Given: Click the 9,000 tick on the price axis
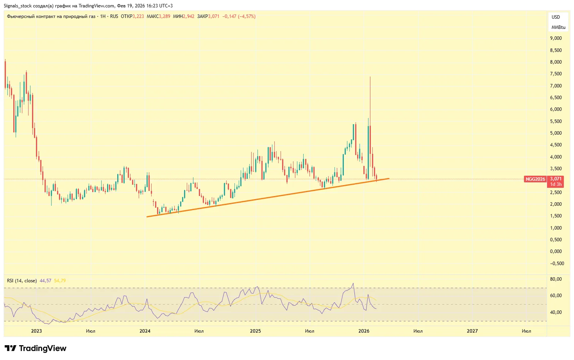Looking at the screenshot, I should point(556,38).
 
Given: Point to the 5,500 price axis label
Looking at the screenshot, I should point(556,121).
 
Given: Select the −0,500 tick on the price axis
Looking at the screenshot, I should point(557,264).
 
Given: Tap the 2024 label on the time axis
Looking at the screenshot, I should point(145,331).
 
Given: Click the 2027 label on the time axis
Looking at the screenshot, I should point(472,331).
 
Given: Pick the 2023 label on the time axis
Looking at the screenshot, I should point(36,331).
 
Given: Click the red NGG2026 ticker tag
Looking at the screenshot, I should point(535,179).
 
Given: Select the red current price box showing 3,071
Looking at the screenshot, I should point(556,179).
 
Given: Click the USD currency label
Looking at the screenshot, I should point(556,17).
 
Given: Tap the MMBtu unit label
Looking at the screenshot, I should point(558,27).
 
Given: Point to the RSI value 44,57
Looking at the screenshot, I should point(46,281).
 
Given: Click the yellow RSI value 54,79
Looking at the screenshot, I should point(60,281).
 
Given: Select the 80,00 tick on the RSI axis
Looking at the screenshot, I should point(556,279).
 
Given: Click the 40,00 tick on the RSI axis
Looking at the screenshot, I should point(556,312).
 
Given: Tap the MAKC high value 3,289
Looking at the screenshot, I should point(165,16).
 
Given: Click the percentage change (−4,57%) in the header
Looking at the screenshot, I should point(247,16).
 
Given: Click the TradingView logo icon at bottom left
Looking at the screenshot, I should point(11,348).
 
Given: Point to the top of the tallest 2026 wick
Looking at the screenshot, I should point(370,77).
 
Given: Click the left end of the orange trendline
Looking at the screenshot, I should point(147,217).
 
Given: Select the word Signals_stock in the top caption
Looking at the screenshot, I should point(18,6).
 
